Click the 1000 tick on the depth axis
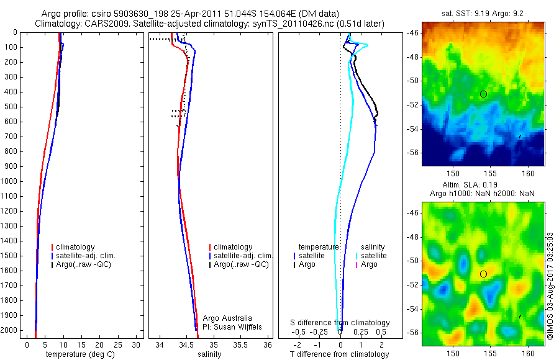coord(11,181)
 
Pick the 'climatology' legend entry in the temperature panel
coord(75,247)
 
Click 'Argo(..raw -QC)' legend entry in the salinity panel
coord(241,264)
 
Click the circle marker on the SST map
coord(483,94)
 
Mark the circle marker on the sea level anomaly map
coord(483,274)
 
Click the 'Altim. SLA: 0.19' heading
coord(484,186)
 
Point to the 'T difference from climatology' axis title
coord(339,354)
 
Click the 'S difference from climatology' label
coord(340,323)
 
